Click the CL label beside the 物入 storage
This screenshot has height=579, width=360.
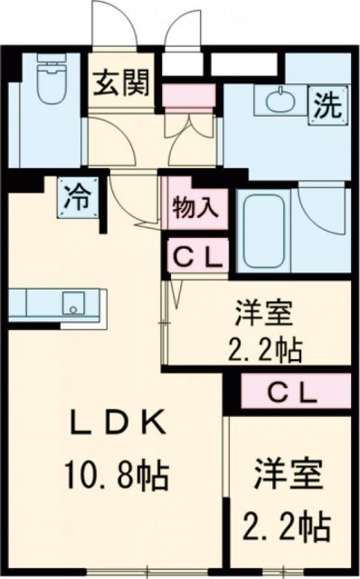tap(195, 257)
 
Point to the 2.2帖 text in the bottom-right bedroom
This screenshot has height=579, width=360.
tap(285, 522)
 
